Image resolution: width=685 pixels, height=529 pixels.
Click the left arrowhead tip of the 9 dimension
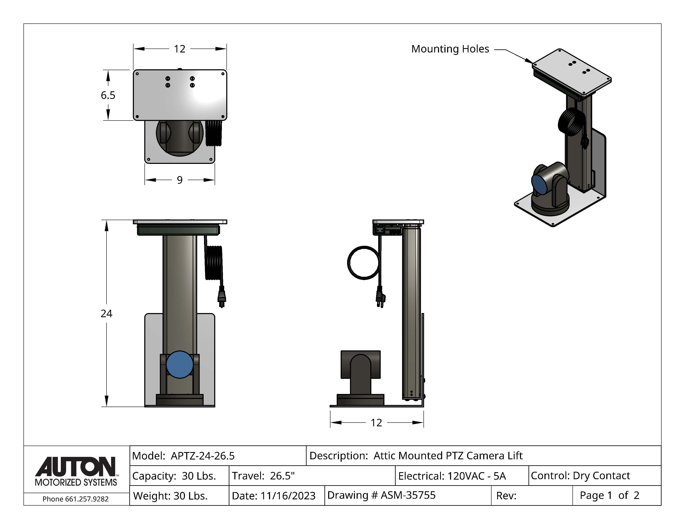[x=145, y=180]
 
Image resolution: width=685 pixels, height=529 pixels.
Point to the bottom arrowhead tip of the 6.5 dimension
[x=108, y=120]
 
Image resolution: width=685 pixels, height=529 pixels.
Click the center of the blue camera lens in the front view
[x=180, y=364]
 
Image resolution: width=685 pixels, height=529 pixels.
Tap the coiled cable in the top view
[x=214, y=133]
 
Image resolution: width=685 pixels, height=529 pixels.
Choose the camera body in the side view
[x=361, y=378]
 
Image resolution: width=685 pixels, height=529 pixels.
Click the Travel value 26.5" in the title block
[x=282, y=476]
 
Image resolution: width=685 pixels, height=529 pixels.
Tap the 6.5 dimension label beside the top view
[x=108, y=95]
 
